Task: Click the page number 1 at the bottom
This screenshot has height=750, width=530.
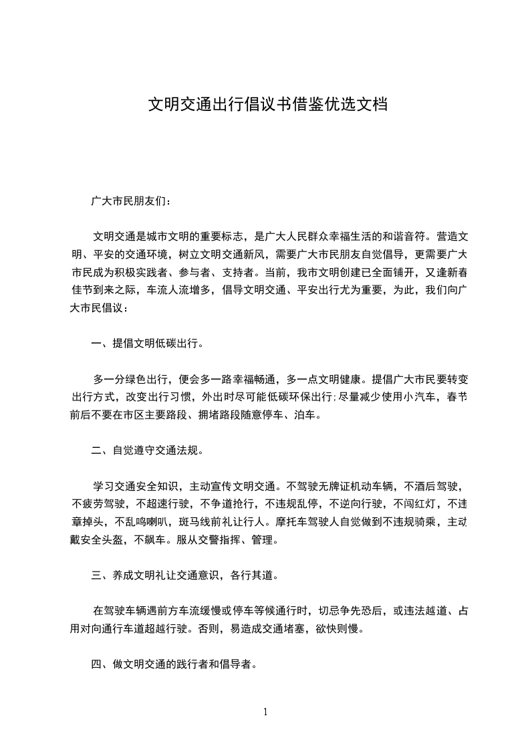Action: tap(265, 712)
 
